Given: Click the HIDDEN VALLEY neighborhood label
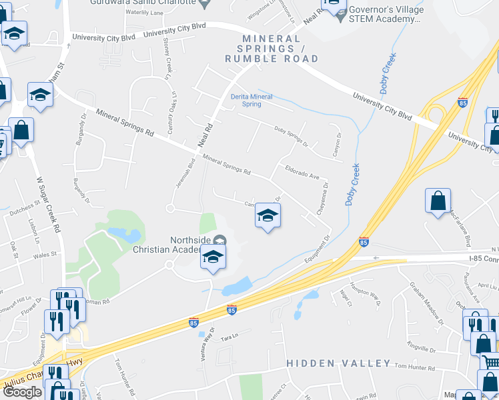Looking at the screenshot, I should [x=338, y=363].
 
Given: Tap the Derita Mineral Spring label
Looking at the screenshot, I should [x=252, y=100].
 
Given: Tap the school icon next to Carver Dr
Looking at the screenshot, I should [x=268, y=216].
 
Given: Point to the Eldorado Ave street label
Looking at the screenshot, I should [x=303, y=174].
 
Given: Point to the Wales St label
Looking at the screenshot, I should [x=45, y=254].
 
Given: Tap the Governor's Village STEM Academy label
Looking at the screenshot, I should [x=380, y=14].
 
